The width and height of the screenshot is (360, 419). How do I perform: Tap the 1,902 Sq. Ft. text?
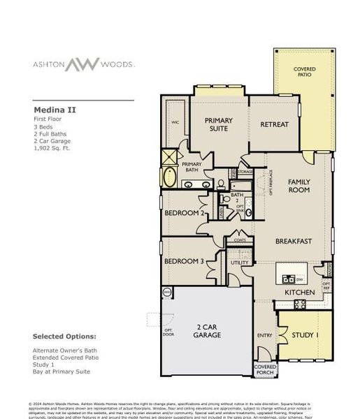(52, 148)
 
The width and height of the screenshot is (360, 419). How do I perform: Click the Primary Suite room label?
(218, 124)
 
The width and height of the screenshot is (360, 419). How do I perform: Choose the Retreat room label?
(275, 124)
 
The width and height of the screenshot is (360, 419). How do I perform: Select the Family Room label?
(299, 186)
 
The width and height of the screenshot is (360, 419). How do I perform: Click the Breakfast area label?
(294, 242)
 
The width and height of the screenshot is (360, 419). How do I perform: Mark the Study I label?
(306, 335)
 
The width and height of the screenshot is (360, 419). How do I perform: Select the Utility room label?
(240, 263)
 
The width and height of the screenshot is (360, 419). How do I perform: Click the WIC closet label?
(175, 122)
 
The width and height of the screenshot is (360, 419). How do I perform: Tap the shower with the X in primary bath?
(169, 156)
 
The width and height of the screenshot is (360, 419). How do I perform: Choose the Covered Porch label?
(265, 369)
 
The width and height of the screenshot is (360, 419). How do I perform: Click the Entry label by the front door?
(265, 335)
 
